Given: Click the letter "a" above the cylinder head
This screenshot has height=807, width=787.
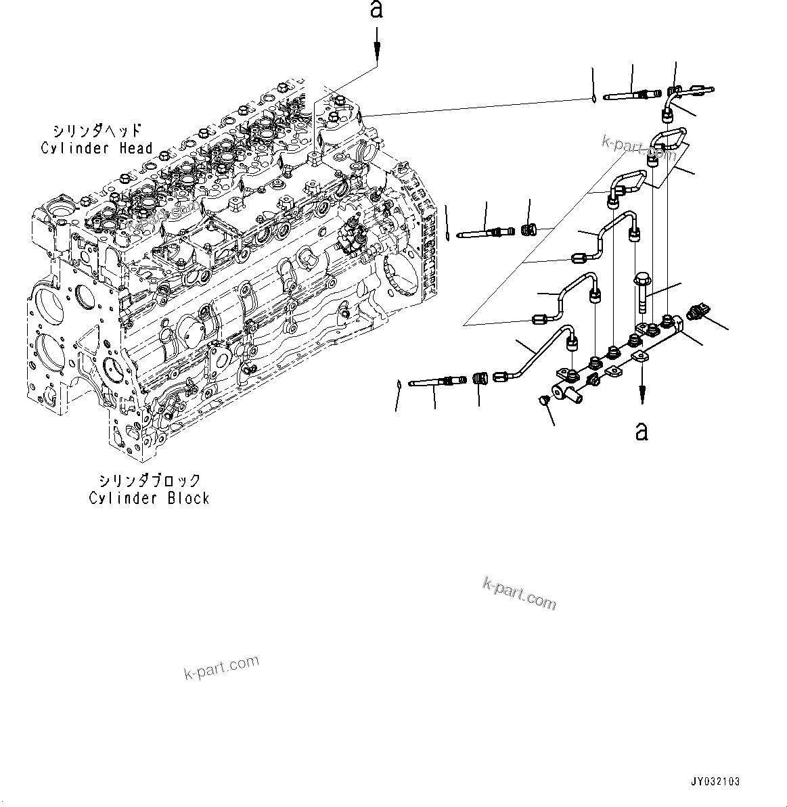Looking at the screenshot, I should (x=377, y=10).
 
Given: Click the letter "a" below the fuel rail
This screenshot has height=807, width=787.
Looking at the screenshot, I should (x=642, y=430).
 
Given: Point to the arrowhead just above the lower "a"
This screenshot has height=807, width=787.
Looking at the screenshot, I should (x=642, y=396).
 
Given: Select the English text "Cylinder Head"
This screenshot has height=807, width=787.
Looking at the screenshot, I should (x=97, y=148).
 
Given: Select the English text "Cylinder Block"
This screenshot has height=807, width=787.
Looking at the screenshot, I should (x=149, y=498).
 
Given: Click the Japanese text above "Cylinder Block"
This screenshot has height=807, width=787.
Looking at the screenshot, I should (x=150, y=480).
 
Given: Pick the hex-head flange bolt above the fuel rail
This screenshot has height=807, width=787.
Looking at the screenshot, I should (x=642, y=291).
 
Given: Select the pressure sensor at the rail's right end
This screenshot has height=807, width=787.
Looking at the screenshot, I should (x=696, y=313).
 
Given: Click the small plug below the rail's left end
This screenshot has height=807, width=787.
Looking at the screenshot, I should (x=543, y=402).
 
